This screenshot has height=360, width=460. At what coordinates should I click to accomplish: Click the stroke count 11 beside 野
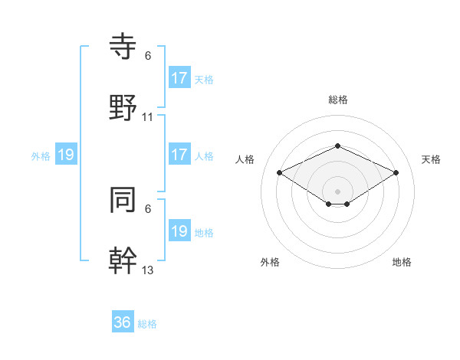[x=148, y=117]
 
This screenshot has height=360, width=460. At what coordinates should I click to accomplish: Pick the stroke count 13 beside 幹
[x=148, y=269]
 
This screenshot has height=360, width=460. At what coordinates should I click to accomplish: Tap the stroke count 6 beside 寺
[x=148, y=56]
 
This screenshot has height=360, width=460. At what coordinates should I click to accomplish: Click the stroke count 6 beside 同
[x=148, y=208]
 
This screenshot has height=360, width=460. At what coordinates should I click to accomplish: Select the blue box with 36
[x=122, y=322]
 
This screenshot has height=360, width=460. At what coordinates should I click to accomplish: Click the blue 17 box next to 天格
[x=179, y=77]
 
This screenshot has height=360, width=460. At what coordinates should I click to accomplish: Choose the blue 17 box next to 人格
[x=179, y=155]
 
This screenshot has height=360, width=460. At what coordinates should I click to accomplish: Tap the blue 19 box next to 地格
[x=179, y=231]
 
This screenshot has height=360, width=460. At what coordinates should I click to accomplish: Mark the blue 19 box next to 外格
[x=66, y=155]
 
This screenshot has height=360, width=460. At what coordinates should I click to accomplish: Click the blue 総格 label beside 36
[x=147, y=324]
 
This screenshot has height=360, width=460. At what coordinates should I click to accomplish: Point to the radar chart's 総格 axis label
[x=337, y=100]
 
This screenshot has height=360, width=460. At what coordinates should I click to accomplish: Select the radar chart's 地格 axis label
[x=402, y=262]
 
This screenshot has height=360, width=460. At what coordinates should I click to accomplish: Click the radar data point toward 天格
[x=396, y=172]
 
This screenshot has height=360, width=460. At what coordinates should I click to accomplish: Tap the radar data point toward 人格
[x=280, y=172]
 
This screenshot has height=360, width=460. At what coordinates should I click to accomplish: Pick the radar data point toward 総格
[x=337, y=146]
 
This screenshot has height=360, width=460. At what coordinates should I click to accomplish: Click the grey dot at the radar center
[x=337, y=191]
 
